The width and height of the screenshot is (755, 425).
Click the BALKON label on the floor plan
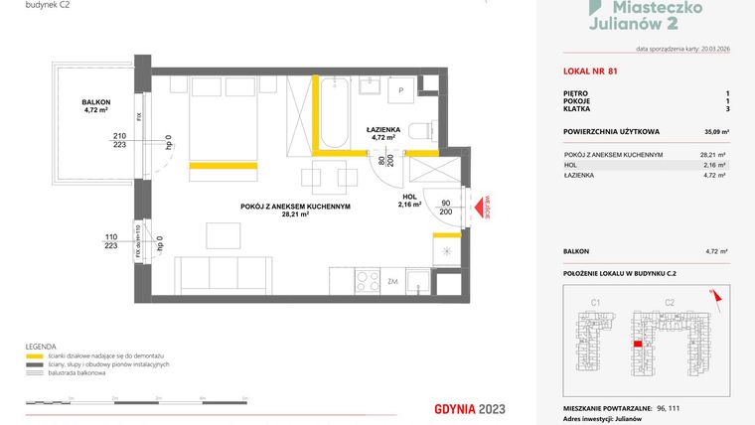coord(96,103)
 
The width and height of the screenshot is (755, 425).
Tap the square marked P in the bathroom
coord(401,90)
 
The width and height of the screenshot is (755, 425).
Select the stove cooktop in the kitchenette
coord(367,280)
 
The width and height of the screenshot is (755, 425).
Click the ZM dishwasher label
coord(393,281)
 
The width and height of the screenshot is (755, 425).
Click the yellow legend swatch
coord(35,355)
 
